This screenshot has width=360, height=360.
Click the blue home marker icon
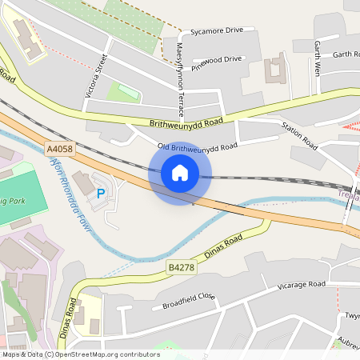click(180, 173)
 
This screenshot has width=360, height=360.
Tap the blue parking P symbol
click(101, 193)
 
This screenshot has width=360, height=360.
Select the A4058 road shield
click(58, 149)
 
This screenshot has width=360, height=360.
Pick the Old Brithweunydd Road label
click(198, 146)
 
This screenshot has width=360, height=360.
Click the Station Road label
click(299, 136)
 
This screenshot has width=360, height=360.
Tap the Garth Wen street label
click(318, 58)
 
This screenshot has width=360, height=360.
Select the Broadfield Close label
click(189, 301)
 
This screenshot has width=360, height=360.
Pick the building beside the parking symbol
click(83, 183)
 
